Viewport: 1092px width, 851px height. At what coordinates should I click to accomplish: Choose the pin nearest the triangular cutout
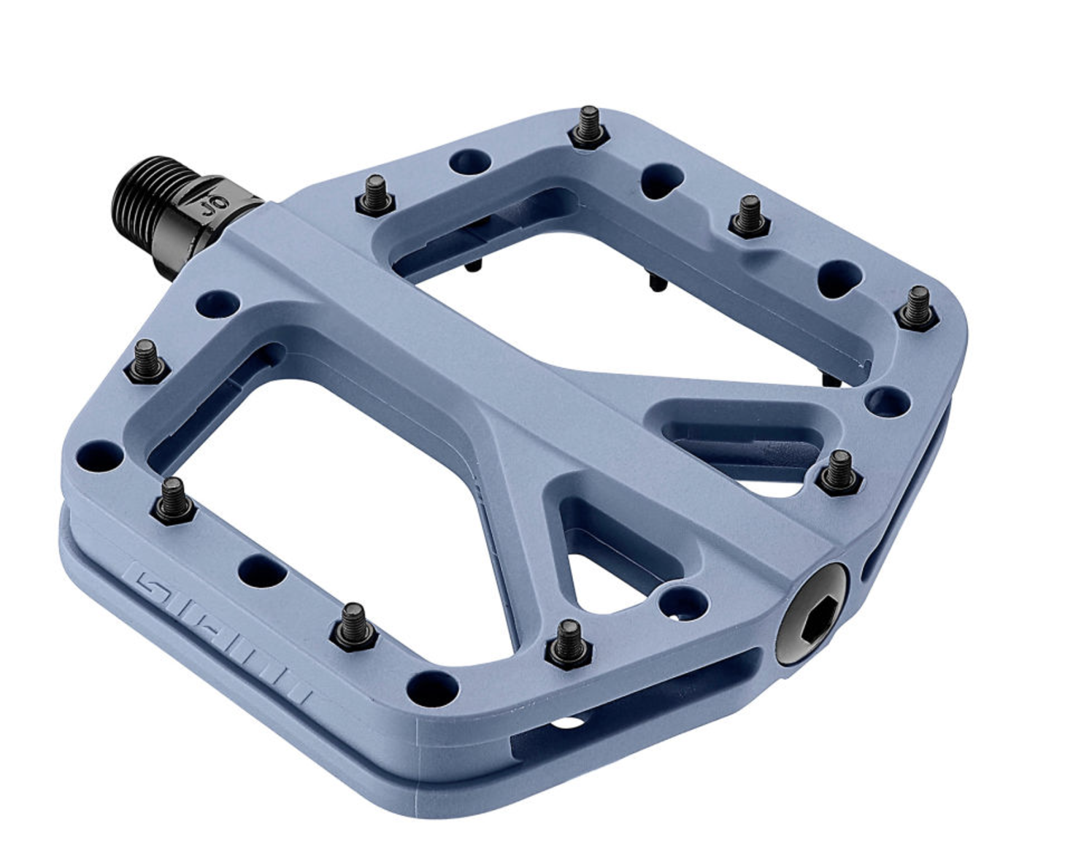(x=566, y=642)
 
